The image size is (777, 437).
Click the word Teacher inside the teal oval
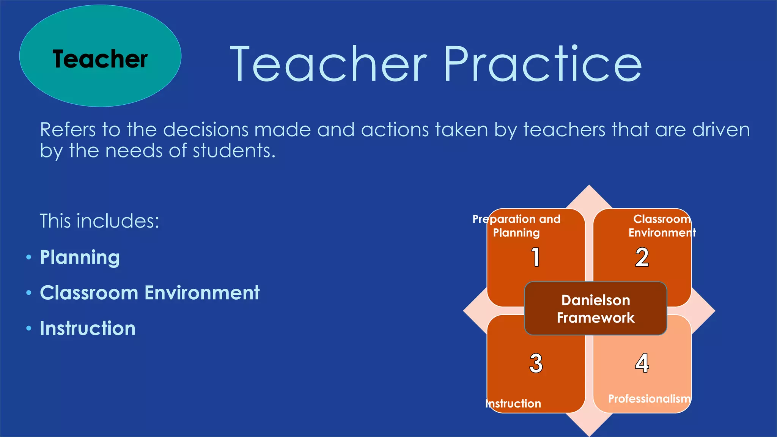(x=100, y=59)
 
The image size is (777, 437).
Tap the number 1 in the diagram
(x=535, y=257)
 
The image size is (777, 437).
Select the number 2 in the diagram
(x=642, y=257)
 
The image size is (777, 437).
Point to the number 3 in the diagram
(x=536, y=363)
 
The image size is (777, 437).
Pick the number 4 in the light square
(x=642, y=363)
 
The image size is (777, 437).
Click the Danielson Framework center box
(x=595, y=308)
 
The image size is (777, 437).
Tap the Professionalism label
(x=649, y=399)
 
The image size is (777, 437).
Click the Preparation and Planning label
(x=516, y=226)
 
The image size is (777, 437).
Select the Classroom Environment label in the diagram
(x=662, y=226)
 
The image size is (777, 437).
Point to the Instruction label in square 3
(x=513, y=404)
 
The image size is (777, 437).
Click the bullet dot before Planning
(x=29, y=258)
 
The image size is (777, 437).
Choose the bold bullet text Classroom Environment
(x=149, y=293)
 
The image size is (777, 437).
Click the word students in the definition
(x=233, y=151)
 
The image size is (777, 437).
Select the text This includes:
(x=99, y=221)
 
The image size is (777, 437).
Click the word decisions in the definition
(x=205, y=130)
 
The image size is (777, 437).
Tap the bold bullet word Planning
(x=80, y=258)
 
